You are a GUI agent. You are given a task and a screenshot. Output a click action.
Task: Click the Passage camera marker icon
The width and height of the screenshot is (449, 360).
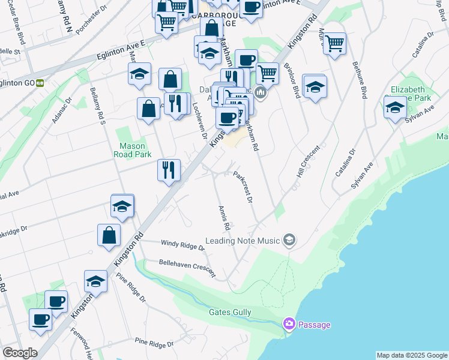click(289, 325)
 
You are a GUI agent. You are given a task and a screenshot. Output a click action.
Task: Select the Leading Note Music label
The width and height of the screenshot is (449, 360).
click(243, 241)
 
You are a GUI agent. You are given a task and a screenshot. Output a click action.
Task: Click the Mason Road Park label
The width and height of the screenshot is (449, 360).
click(133, 150)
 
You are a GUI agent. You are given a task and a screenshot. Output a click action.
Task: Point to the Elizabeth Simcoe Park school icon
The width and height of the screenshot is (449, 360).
click(395, 108)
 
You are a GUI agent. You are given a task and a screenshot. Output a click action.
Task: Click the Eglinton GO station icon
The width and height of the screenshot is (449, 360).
click(40, 83)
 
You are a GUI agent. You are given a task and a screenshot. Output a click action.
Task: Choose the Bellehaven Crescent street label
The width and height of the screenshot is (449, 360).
click(187, 267)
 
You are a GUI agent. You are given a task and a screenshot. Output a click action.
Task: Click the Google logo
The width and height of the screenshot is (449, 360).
click(20, 353)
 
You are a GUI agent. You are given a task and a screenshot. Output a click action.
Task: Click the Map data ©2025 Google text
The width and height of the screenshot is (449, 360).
click(412, 355)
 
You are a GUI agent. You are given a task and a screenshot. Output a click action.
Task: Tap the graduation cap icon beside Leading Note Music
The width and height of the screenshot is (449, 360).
click(289, 241)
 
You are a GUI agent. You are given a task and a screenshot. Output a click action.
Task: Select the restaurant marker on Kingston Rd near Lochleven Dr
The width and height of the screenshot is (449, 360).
click(169, 170)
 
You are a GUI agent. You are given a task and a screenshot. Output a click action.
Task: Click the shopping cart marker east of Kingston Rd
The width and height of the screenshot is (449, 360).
click(334, 43)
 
